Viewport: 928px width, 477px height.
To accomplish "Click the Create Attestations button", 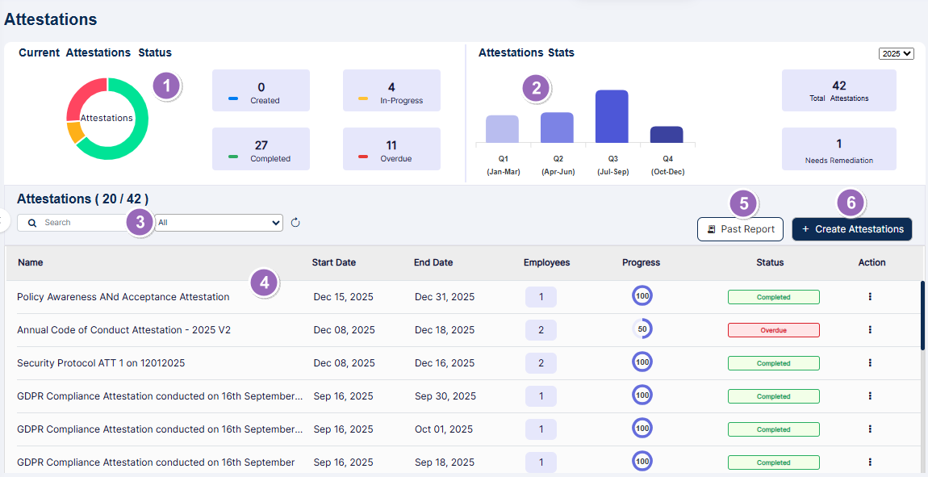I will [852, 229].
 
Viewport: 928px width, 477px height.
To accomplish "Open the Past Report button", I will [740, 229].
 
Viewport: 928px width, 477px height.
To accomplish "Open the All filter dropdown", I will [219, 223].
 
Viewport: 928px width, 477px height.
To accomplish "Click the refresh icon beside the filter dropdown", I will [295, 223].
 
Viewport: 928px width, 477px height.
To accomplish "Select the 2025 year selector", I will [897, 53].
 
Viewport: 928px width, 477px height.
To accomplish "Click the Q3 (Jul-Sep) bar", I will [612, 116].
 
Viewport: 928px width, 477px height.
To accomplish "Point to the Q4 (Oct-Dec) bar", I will [667, 134].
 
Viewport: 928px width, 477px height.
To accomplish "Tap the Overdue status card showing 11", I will [391, 149].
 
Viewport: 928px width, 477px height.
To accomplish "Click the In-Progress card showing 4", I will [391, 90].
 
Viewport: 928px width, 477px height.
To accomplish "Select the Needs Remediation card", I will [838, 149].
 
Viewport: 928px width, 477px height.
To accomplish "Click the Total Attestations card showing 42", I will [838, 90].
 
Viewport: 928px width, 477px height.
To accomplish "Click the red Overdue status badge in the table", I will [773, 330].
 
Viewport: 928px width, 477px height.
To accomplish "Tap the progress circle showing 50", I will [642, 329].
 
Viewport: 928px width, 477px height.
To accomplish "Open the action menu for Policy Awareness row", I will [870, 296].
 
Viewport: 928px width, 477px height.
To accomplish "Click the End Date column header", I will [433, 262].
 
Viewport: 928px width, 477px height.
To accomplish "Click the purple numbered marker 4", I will [265, 282].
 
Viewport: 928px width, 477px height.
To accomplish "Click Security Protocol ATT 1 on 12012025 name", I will [101, 363].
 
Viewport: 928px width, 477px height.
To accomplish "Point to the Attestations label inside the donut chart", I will [107, 118].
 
